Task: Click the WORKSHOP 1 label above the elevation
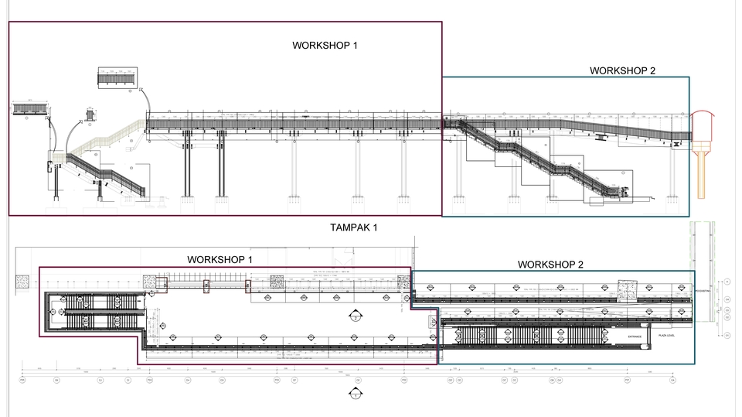point(325,45)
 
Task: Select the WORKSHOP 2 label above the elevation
point(622,70)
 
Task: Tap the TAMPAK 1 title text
point(354,227)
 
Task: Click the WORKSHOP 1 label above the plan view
point(220,259)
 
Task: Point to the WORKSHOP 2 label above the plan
point(550,265)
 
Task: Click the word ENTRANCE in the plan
point(635,337)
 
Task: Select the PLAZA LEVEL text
point(666,337)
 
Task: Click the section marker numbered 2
point(355,316)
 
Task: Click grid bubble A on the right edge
point(727,282)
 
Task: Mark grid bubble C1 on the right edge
point(727,334)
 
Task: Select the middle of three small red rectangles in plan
point(206,287)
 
